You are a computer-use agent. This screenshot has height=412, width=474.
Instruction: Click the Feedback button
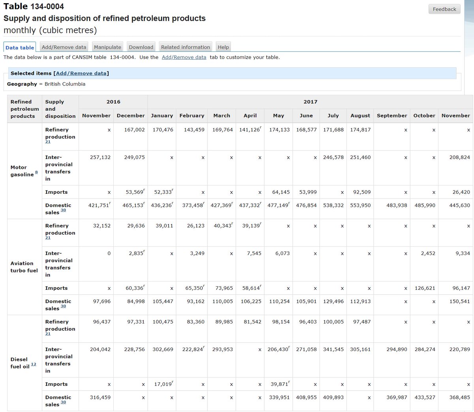click(x=444, y=9)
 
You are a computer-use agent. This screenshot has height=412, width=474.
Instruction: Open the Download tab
click(x=141, y=47)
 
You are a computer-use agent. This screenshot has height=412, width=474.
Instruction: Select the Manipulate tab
click(x=107, y=47)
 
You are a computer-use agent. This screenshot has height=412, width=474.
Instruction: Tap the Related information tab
click(x=185, y=47)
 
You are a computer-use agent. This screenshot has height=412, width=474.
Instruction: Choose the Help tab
click(x=223, y=47)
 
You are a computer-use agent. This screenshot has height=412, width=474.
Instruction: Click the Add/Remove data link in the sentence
click(x=184, y=57)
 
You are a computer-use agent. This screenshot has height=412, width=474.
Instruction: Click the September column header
click(x=392, y=115)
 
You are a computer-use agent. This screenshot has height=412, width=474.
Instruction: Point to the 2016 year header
click(x=113, y=102)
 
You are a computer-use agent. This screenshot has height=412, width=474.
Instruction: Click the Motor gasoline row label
click(x=22, y=171)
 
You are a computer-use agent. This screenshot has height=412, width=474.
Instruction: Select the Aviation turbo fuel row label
click(x=24, y=267)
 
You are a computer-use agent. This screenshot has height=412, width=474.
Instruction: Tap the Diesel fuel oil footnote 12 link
click(x=34, y=364)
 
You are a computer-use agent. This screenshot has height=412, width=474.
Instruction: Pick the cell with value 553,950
click(x=360, y=206)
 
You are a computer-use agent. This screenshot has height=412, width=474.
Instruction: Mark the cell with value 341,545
click(x=333, y=350)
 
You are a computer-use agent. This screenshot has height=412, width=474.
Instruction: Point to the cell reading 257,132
click(x=100, y=157)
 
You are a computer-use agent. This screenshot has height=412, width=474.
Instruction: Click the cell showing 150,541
click(x=459, y=301)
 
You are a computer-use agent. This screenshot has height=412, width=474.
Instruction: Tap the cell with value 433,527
click(x=425, y=397)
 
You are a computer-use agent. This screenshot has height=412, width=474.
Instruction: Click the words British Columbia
click(x=65, y=84)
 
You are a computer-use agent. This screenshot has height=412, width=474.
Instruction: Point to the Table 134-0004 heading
click(x=34, y=6)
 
